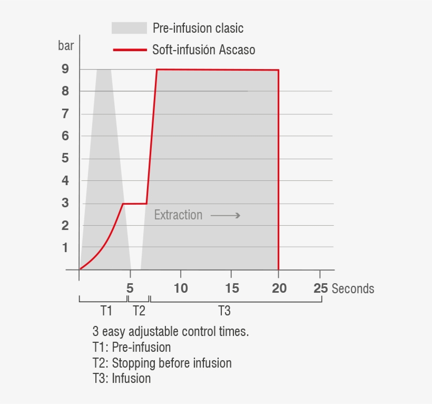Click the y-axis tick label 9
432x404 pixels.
pyautogui.click(x=65, y=69)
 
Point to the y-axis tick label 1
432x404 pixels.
pyautogui.click(x=65, y=247)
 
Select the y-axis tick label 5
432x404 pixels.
pyautogui.click(x=65, y=158)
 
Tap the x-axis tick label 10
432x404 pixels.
pyautogui.click(x=181, y=288)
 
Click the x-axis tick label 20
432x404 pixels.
pyautogui.click(x=279, y=288)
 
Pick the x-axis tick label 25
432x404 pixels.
pyautogui.click(x=320, y=288)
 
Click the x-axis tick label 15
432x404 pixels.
pyautogui.click(x=232, y=288)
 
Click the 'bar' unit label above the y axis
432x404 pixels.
pyautogui.click(x=66, y=46)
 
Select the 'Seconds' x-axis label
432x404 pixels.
pyautogui.click(x=353, y=288)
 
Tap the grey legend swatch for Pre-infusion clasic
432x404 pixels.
pyautogui.click(x=129, y=28)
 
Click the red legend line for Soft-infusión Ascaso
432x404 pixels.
pyautogui.click(x=129, y=50)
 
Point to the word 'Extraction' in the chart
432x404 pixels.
pyautogui.click(x=178, y=215)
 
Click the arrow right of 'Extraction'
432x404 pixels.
pyautogui.click(x=225, y=215)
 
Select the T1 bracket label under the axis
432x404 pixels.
pyautogui.click(x=106, y=310)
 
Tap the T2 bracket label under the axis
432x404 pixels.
pyautogui.click(x=139, y=310)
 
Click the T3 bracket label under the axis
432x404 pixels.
pyautogui.click(x=224, y=310)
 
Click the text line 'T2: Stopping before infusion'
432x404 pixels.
pyautogui.click(x=162, y=363)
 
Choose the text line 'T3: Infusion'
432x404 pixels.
pyautogui.click(x=121, y=379)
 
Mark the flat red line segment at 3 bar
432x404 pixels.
pyautogui.click(x=135, y=203)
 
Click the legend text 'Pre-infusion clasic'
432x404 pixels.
pyautogui.click(x=198, y=28)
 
